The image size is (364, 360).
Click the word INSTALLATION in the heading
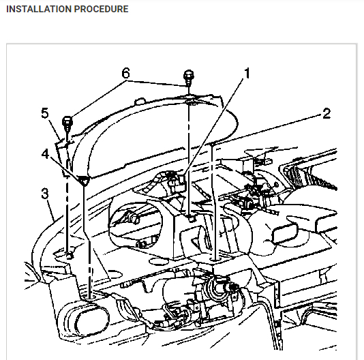pyautogui.click(x=39, y=9)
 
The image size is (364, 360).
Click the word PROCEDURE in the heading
pyautogui.click(x=101, y=9)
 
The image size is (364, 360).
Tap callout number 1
pyautogui.click(x=247, y=73)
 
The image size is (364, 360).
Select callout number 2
pyautogui.click(x=327, y=113)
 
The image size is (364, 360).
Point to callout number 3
pyautogui.click(x=45, y=193)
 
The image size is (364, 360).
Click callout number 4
pyautogui.click(x=45, y=154)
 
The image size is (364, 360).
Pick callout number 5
pyautogui.click(x=45, y=113)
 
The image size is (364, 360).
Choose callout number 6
pyautogui.click(x=126, y=73)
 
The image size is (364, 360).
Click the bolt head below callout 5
pyautogui.click(x=67, y=121)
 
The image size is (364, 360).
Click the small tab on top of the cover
pyautogui.click(x=140, y=102)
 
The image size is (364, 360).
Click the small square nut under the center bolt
pyautogui.click(x=192, y=218)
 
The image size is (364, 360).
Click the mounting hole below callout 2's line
pyautogui.click(x=215, y=259)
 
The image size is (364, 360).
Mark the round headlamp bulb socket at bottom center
pyautogui.click(x=218, y=288)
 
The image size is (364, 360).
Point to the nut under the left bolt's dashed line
pyautogui.click(x=69, y=256)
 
